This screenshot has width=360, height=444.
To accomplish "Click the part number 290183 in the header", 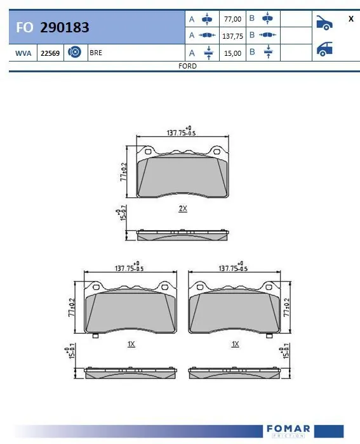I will (64, 27).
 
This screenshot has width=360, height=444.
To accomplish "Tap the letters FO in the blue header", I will (25, 27).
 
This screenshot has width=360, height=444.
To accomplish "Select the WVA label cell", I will (23, 53).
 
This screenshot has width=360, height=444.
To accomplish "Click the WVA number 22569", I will (50, 53).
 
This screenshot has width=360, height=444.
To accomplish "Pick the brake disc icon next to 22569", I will (74, 53).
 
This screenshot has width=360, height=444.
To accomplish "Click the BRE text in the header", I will (96, 53).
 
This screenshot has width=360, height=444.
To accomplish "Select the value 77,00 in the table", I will (232, 19).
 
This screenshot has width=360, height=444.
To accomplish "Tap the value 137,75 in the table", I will (232, 36).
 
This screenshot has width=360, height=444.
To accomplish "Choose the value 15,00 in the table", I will (232, 53).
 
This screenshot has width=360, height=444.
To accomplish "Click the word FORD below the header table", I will (187, 66).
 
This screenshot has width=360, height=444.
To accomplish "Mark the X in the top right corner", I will (350, 19).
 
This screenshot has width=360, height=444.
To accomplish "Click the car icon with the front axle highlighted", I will (324, 23).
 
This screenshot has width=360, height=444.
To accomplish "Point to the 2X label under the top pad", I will (183, 208).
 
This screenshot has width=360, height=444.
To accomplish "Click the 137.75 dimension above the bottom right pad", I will (232, 268).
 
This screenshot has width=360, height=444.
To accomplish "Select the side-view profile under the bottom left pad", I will (131, 373).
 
